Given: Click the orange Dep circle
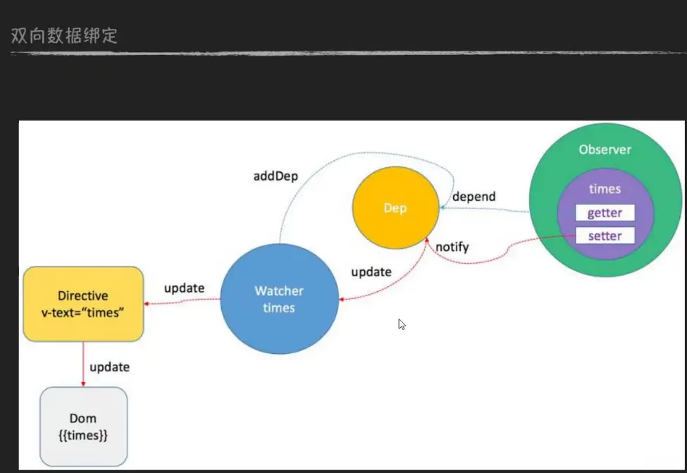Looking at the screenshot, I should coord(392,208).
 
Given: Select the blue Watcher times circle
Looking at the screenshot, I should coord(279,299).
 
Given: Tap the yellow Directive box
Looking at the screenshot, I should coord(83,303).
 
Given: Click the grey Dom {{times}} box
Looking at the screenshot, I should coord(83,427).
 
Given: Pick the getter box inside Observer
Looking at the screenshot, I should coord(605,213).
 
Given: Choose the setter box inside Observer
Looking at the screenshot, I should coord(605,235).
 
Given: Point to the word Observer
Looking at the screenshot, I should coord(605,149).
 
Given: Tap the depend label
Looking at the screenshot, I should coord(474,196).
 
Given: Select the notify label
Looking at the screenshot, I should coord(452,247).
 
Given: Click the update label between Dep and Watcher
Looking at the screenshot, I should coord(371,271).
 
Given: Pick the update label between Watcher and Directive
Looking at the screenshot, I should coord(184,288).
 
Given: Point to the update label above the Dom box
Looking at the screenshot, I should coord(110,367).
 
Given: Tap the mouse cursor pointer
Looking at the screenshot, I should coord(401,324).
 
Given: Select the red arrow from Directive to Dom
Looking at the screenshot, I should coord(83,363).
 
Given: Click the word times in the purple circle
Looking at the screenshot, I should coord(605,189).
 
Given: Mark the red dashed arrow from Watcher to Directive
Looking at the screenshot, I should coord(183,301).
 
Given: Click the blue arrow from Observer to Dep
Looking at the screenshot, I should coord(486,209).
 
